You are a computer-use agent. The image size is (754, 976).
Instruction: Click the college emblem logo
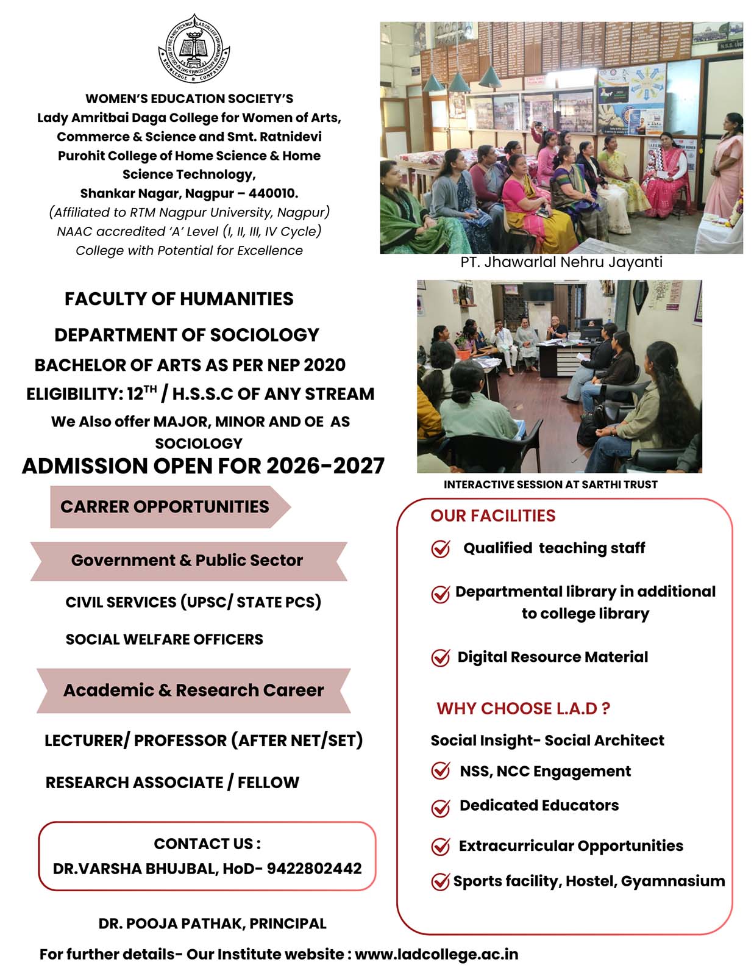[194, 48]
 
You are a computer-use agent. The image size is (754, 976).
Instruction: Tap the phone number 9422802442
[314, 868]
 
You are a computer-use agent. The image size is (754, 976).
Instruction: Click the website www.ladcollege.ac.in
[436, 954]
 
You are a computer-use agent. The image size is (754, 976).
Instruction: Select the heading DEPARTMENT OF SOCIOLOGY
[187, 335]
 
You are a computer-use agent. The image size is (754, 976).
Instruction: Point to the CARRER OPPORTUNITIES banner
[165, 506]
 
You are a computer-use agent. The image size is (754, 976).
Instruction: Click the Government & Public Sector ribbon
[187, 560]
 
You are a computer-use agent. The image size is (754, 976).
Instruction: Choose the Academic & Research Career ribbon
[193, 690]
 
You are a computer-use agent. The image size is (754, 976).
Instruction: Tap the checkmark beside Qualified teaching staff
[440, 549]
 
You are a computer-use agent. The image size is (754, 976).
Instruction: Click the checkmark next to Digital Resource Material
[440, 658]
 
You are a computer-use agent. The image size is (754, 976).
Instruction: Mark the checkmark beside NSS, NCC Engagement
[440, 771]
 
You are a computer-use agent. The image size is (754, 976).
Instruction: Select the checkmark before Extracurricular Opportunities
[440, 847]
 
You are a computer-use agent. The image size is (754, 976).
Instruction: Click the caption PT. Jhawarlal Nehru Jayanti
[561, 262]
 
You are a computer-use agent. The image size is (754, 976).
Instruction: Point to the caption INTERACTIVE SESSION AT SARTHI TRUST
[550, 484]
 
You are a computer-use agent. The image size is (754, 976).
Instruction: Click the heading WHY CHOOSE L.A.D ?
[523, 708]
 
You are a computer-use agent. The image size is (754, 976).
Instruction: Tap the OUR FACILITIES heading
[493, 515]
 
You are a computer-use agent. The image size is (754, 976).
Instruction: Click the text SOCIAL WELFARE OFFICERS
[164, 639]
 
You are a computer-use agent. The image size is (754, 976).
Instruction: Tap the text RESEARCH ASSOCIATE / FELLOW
[172, 783]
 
